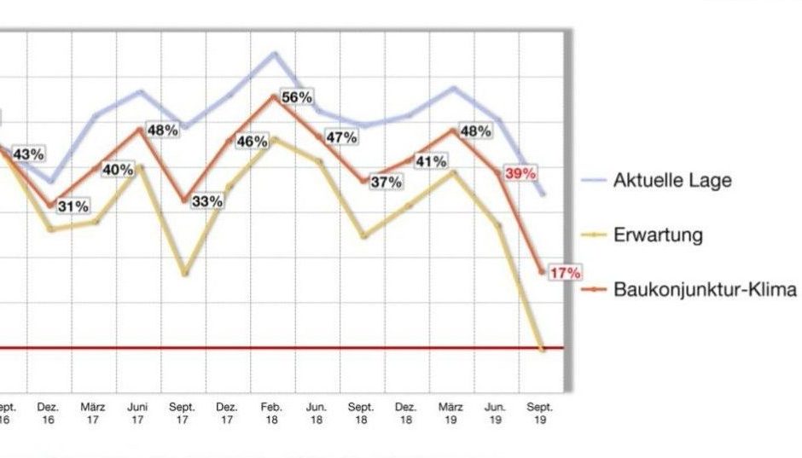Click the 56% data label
coord(296,97)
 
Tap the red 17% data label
coord(565,273)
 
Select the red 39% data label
coord(520,173)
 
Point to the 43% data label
coord(28,154)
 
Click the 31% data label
coord(73,206)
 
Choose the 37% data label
coord(386,182)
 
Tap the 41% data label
coord(432,160)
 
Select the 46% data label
coord(252,141)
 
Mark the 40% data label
coord(118,170)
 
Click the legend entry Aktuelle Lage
coord(672,181)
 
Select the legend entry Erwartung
coord(658,235)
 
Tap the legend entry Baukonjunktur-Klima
coord(705,289)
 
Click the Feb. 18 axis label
coord(271,414)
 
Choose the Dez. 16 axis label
coord(48,414)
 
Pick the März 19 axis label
coord(451,414)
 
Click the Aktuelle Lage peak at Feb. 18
coord(275,53)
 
